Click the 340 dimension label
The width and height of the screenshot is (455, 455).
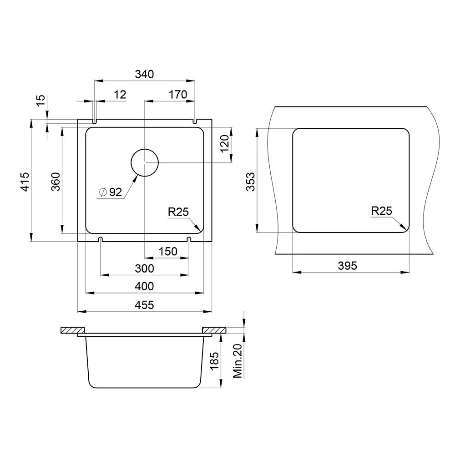144,74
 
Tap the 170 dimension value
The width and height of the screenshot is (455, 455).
177,95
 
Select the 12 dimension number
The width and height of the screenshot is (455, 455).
120,95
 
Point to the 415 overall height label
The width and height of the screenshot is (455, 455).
25,182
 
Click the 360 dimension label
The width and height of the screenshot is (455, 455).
56,182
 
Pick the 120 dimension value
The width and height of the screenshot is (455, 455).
225,144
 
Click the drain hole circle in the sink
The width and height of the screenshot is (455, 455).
145,149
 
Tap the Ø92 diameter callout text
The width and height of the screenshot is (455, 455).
111,192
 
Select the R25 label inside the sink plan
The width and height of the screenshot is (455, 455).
178,212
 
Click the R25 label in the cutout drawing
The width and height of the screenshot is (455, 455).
381,211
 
